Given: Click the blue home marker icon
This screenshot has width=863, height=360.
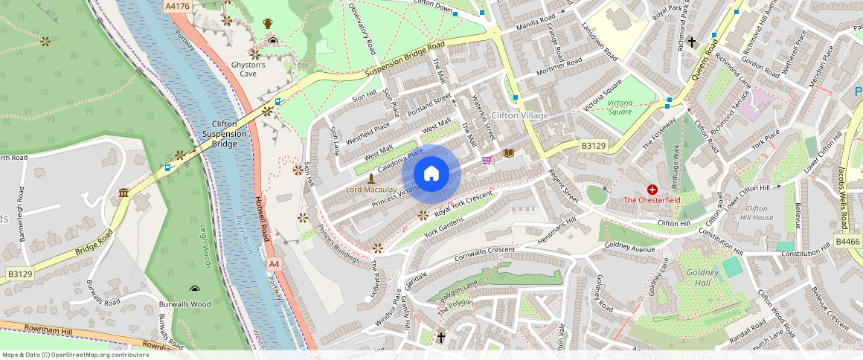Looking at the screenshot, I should coord(431,173).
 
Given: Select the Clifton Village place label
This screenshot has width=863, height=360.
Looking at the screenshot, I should coord(519,115).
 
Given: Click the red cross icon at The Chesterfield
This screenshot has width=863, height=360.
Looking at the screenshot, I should coord(652,190).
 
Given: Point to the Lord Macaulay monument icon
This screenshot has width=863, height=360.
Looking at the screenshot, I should coord(371,179).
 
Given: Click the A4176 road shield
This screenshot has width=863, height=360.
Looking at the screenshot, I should coord(177,6).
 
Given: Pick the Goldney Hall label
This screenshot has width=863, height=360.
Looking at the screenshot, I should coord(702,277).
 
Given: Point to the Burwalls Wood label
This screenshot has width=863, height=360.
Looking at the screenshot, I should coord(185,304).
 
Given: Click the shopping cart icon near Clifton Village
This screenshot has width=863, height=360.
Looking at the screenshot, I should coord(487,160).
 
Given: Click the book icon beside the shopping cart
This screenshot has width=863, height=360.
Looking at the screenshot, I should coord(509,153).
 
